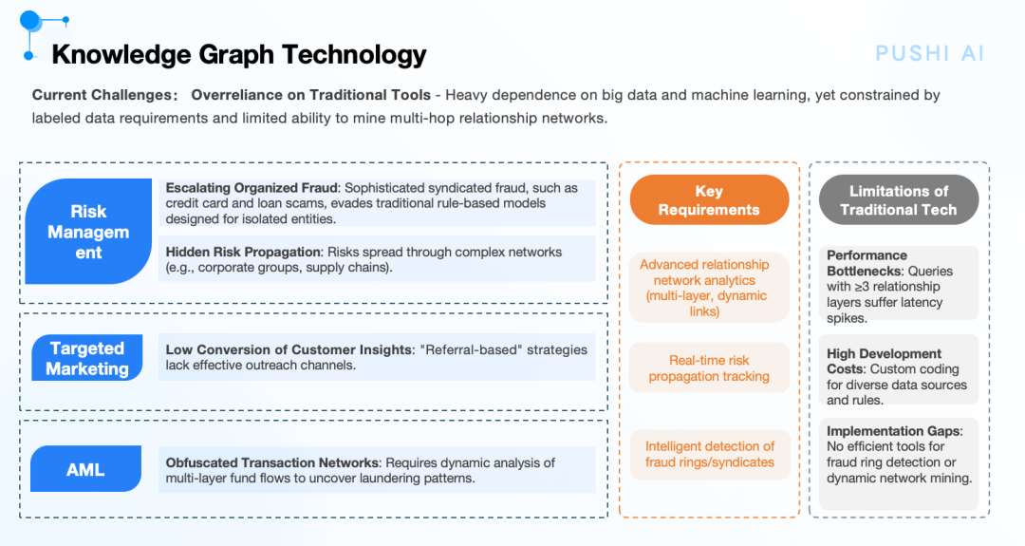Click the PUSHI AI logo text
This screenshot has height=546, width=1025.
(x=929, y=53)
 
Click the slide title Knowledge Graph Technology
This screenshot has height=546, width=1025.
(x=238, y=55)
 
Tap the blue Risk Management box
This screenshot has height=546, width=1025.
(x=88, y=232)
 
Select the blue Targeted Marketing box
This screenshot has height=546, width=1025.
(x=87, y=358)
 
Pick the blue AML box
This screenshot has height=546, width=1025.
(x=85, y=469)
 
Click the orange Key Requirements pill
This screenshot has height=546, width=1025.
(x=709, y=200)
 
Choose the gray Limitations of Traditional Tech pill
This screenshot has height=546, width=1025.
(x=898, y=200)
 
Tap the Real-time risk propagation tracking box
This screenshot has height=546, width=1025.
(x=709, y=368)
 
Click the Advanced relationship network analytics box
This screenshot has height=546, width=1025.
(x=709, y=288)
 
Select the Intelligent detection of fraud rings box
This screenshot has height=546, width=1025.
(x=710, y=455)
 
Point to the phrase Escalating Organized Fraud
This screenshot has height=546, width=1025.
(x=252, y=188)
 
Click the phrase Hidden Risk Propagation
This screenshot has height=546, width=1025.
(x=243, y=253)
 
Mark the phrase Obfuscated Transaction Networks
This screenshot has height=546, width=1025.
(x=272, y=463)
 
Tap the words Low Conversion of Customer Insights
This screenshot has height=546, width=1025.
(x=289, y=349)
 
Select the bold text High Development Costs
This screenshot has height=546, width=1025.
(x=884, y=361)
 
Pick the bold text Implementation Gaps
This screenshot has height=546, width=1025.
(x=894, y=431)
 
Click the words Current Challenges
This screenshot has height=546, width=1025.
(x=102, y=96)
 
